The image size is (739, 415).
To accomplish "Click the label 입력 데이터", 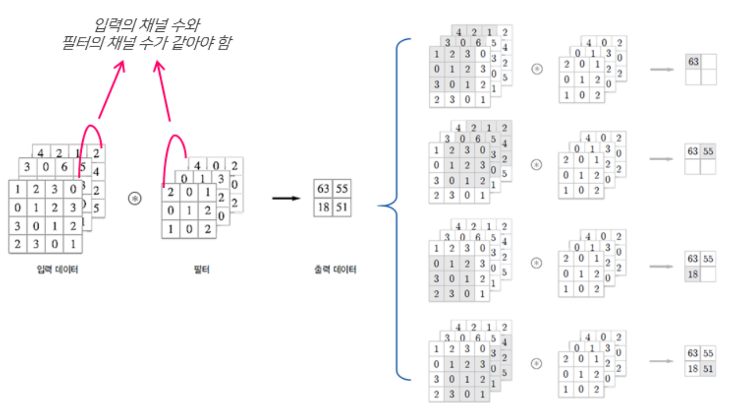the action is pos(57,269).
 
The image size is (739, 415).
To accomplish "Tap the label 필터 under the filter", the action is pos(201,269).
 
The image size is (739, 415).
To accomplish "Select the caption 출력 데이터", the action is pos(335,269).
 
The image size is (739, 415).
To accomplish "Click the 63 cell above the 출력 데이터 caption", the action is pos(323,188).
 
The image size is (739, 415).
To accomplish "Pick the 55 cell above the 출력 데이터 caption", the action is pos(341,188).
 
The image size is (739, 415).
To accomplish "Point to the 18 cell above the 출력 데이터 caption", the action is pos(323,207).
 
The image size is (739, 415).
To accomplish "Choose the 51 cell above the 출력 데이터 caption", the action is pos(341,207).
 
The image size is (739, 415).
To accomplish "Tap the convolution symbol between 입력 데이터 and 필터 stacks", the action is pos(135,198).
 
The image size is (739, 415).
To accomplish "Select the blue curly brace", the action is pos(398,208).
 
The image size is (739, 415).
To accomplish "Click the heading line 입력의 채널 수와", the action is pos(147,24).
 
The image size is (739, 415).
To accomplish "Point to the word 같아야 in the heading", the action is pos(195,43).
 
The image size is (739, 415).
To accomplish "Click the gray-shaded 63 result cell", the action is pos(693,61).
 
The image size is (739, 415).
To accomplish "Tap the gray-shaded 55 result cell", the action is pos(708,151).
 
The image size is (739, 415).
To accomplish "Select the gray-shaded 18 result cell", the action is pos(692,273).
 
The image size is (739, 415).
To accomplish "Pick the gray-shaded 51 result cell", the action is pos(708,368).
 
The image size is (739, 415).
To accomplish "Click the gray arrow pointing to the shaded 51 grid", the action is pos(661,361).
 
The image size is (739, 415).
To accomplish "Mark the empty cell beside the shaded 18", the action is pos(708,273).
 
